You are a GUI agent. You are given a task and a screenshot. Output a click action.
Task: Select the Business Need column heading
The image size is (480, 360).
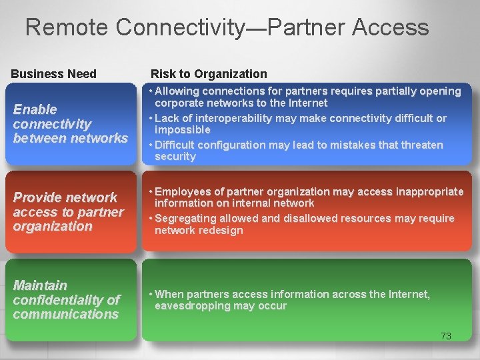point(53,74)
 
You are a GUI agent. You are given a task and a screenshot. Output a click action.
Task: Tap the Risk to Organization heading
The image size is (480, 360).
point(209,74)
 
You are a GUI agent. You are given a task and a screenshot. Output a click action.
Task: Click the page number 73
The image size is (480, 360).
point(446,336)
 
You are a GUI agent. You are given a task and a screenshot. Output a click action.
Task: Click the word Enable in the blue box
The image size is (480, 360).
point(35,109)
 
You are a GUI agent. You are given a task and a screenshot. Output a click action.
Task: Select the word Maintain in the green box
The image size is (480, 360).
point(40,285)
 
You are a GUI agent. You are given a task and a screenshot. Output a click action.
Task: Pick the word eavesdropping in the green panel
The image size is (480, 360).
point(191,306)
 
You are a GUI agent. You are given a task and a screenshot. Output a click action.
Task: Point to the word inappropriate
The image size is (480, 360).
point(424,191)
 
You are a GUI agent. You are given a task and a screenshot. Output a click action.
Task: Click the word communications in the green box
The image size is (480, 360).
point(65,314)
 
